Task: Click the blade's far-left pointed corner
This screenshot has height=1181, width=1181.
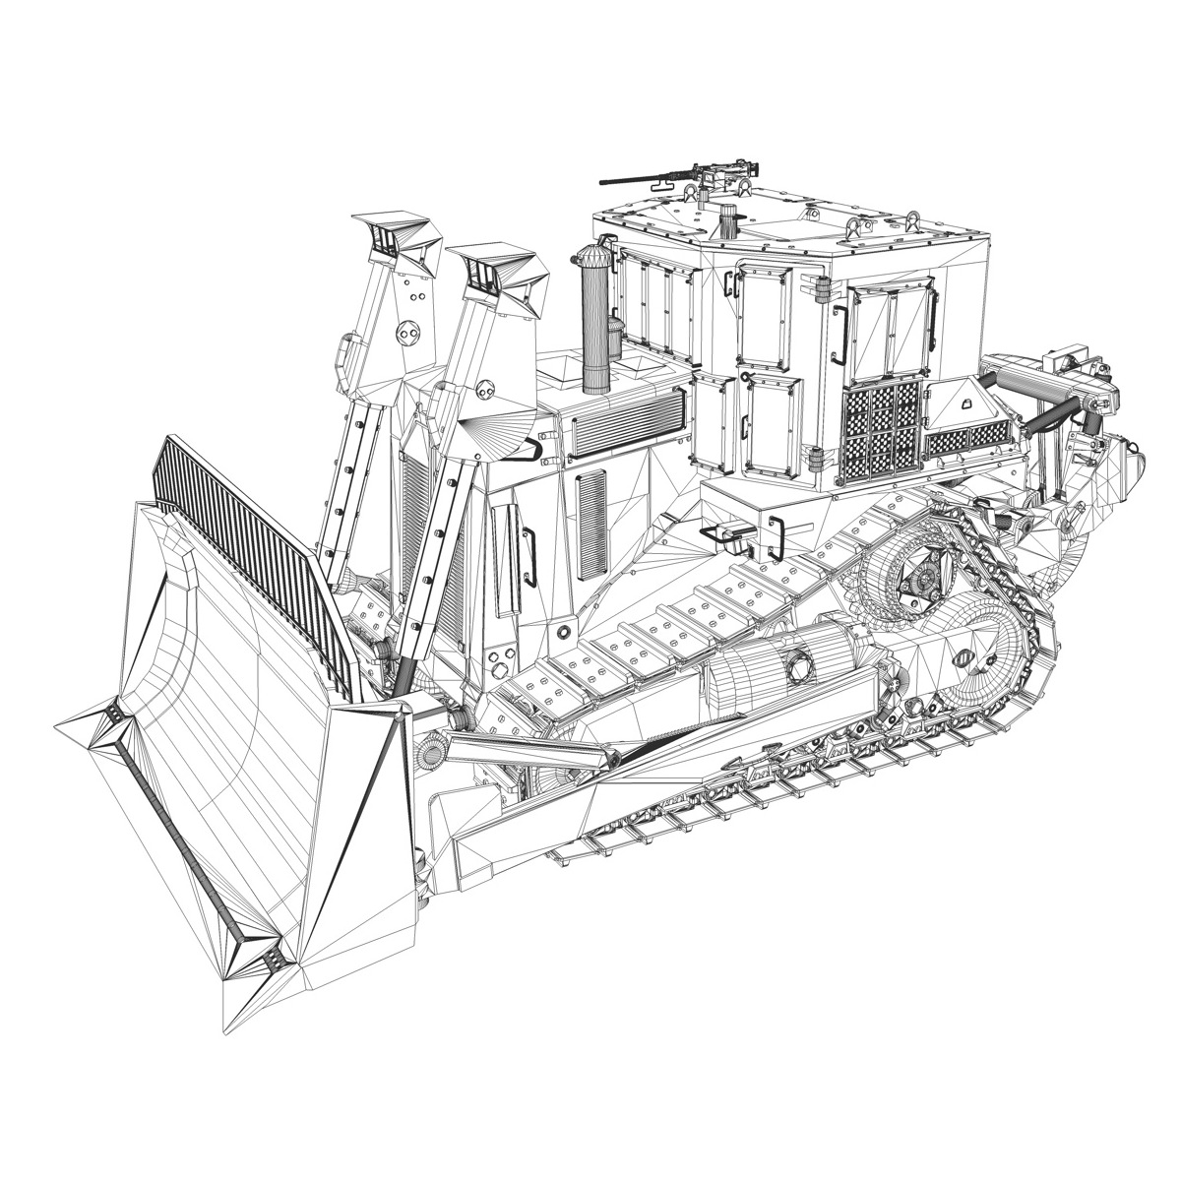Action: (61, 728)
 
